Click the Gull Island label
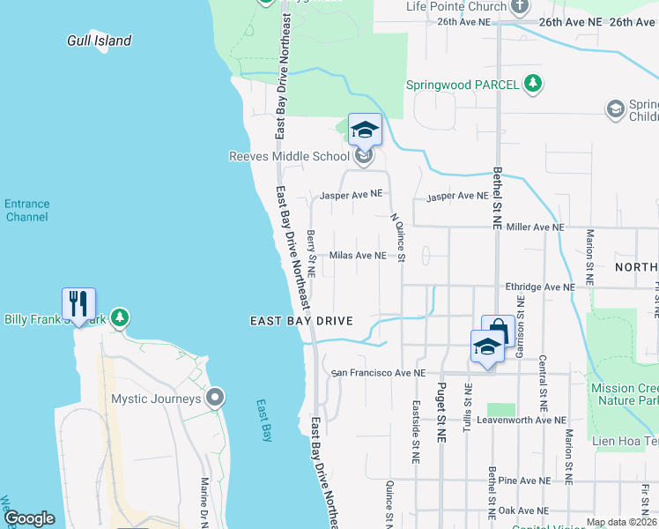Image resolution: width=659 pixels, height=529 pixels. pyautogui.click(x=100, y=41)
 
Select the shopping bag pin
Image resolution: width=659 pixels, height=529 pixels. pyautogui.click(x=498, y=332)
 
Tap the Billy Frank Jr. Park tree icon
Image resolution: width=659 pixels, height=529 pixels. pyautogui.click(x=121, y=318)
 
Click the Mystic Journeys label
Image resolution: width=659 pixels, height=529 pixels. pyautogui.click(x=156, y=399)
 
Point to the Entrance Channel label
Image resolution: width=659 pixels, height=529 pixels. pyautogui.click(x=26, y=210)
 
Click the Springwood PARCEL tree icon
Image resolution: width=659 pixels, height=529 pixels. pyautogui.click(x=532, y=84)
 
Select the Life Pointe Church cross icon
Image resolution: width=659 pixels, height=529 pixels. pyautogui.click(x=520, y=6)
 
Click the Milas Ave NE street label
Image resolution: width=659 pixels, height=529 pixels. pyautogui.click(x=358, y=256)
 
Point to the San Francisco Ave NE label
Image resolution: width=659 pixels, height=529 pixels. pyautogui.click(x=378, y=374)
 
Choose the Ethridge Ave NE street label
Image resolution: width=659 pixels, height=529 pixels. pyautogui.click(x=539, y=287)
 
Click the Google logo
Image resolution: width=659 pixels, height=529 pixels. pyautogui.click(x=30, y=518)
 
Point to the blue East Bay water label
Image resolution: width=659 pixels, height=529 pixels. pyautogui.click(x=265, y=421)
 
